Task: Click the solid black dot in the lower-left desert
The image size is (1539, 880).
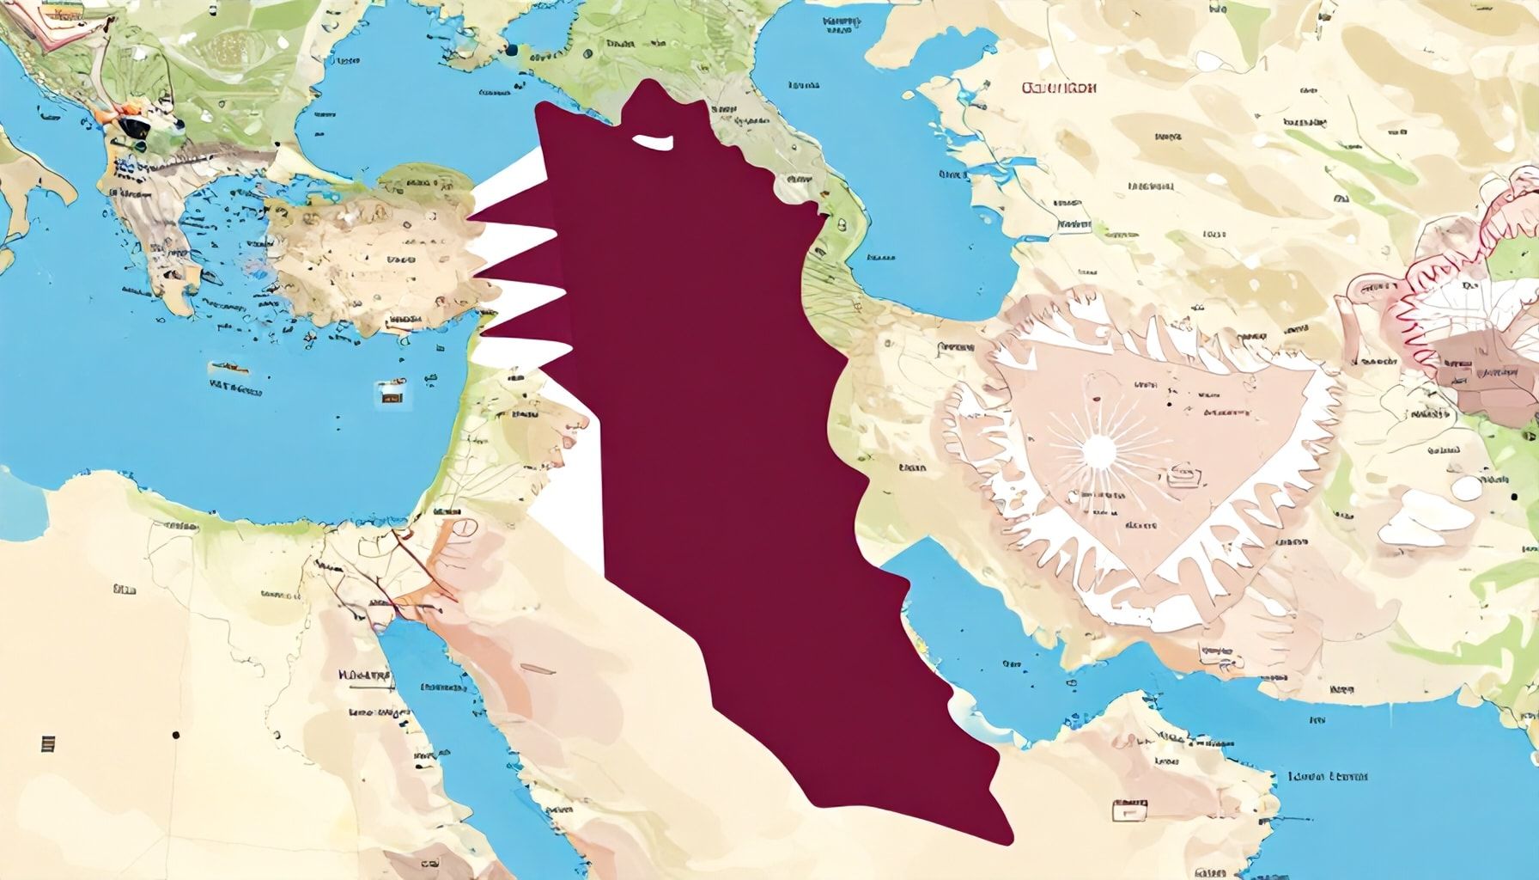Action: (176, 735)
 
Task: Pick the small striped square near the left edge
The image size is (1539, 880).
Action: (47, 743)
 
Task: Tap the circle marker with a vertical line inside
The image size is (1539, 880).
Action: (464, 527)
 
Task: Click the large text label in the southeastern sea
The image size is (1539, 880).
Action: (1328, 777)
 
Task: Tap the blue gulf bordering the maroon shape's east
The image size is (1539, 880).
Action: (962, 619)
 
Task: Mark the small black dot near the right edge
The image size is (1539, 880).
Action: (1512, 498)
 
